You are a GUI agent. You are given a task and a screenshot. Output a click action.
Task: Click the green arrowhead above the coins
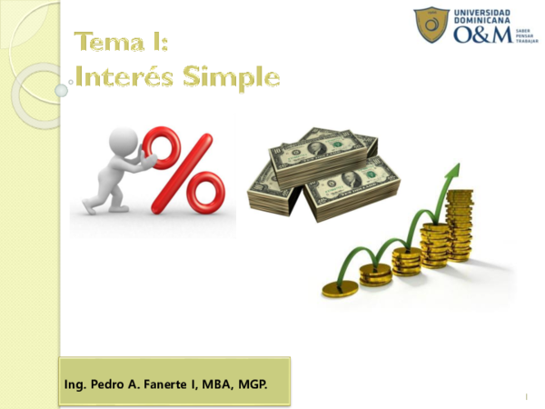pos(452,175)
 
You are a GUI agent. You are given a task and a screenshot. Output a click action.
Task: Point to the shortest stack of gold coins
pos(342,289)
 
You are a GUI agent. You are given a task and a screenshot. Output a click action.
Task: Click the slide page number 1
pos(526,398)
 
